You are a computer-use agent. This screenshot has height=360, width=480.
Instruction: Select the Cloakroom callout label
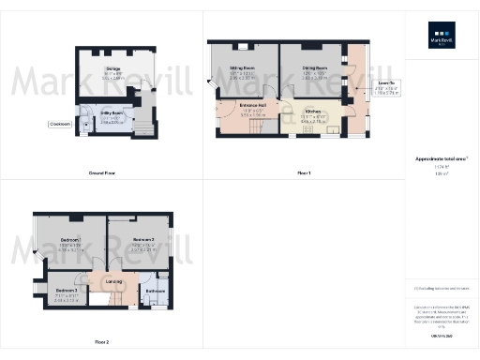coord(61,124)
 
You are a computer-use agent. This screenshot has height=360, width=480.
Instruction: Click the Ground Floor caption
coord(102,173)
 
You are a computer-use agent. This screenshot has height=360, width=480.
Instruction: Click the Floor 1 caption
coord(304,173)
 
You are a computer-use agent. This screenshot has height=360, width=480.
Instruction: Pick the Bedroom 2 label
coord(130,239)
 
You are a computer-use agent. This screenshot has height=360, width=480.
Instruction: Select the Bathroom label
coord(155,291)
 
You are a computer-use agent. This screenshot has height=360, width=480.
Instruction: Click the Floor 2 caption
coord(101,342)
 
